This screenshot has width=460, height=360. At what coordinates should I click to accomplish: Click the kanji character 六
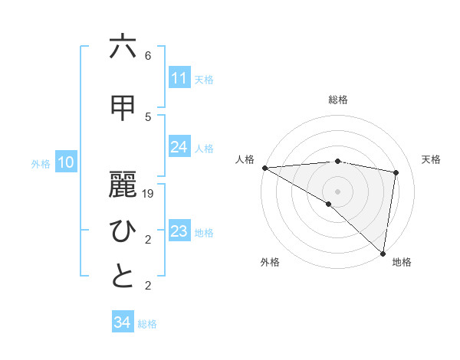[123, 47]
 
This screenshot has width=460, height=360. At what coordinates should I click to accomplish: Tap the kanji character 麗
[123, 184]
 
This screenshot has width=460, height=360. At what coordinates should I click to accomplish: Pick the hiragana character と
[123, 277]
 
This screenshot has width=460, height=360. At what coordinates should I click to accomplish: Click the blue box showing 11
[179, 78]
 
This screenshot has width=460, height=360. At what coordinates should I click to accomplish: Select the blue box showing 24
[179, 147]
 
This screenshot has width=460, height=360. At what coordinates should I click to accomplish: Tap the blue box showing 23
[179, 231]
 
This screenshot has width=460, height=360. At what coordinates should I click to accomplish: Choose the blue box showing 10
[66, 162]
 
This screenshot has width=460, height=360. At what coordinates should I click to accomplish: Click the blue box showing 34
[122, 322]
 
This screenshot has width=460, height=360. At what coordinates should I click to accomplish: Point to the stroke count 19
[148, 194]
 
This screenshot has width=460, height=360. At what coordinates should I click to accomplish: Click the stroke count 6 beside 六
[148, 56]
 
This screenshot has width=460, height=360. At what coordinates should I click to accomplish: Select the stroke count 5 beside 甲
[148, 116]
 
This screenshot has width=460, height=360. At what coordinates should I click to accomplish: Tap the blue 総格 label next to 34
[147, 324]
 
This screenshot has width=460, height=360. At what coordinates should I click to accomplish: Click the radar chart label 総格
[338, 100]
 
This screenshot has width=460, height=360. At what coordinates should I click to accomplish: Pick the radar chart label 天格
[431, 159]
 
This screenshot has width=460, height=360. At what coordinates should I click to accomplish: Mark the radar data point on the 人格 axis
[264, 168]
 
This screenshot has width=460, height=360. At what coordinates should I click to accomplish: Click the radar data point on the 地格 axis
[383, 253]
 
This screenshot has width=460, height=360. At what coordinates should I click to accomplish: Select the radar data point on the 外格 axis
[329, 204]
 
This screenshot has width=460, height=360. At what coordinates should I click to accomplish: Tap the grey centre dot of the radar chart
[338, 190]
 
